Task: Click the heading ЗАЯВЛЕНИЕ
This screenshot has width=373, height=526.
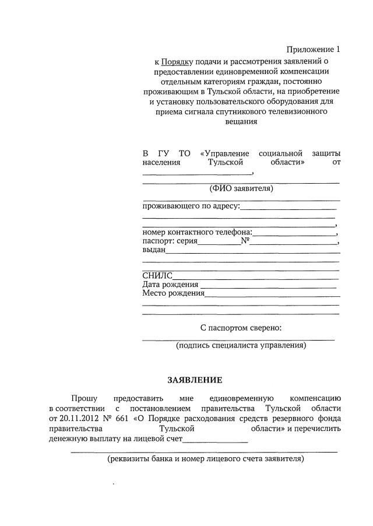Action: point(195,380)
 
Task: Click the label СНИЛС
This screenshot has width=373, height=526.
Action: point(157,276)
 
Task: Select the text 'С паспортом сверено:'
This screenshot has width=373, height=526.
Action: point(241,328)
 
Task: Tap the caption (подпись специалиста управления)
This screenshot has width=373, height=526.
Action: point(241,345)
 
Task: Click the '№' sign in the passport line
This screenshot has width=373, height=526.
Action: point(245,241)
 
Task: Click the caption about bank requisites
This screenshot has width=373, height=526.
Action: point(205,459)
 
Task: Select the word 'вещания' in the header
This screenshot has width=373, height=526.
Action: point(241,123)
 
